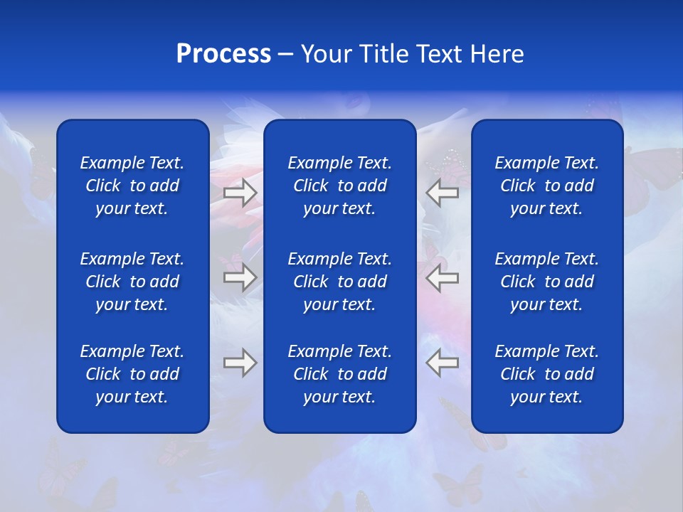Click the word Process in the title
pyautogui.click(x=223, y=55)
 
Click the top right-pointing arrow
pyautogui.click(x=240, y=192)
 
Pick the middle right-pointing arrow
pyautogui.click(x=240, y=277)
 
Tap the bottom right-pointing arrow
pyautogui.click(x=240, y=363)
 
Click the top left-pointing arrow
pyautogui.click(x=443, y=192)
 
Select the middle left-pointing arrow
pyautogui.click(x=443, y=277)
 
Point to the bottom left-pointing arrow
pyautogui.click(x=443, y=363)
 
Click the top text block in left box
pyautogui.click(x=132, y=186)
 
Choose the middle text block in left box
pyautogui.click(x=132, y=282)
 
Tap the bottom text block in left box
pyautogui.click(x=132, y=374)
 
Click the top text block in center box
pyautogui.click(x=339, y=186)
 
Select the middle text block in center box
pyautogui.click(x=339, y=282)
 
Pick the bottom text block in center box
pyautogui.click(x=339, y=374)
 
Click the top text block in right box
pyautogui.click(x=546, y=186)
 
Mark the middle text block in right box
pyautogui.click(x=546, y=282)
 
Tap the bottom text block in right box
pyautogui.click(x=546, y=374)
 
